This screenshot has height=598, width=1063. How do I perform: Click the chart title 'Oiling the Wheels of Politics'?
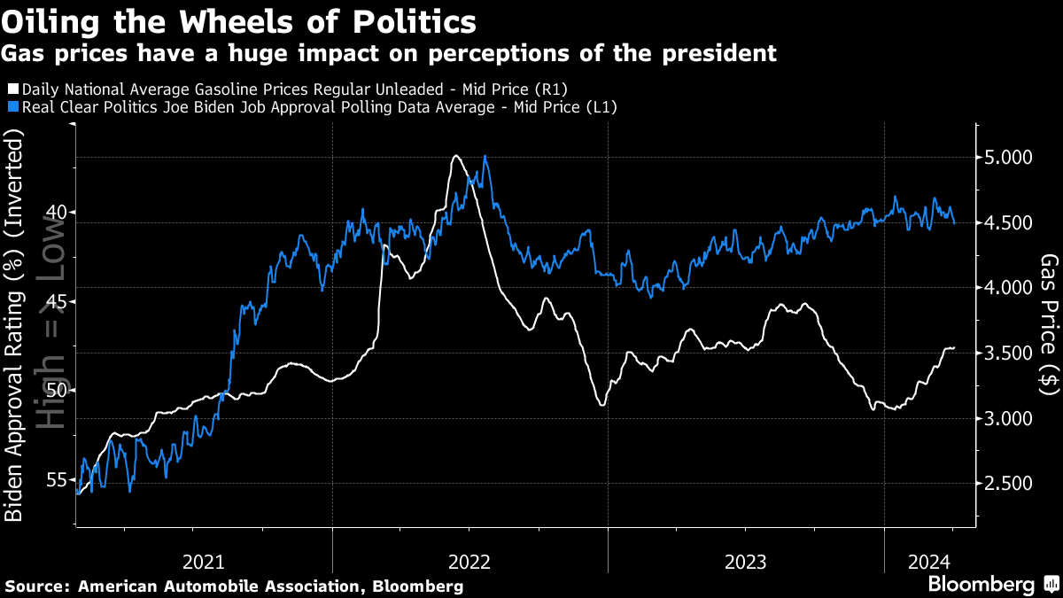tap(239, 21)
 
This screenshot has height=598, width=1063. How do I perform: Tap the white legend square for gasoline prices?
tap(12, 89)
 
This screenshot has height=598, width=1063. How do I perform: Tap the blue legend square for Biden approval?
tap(12, 107)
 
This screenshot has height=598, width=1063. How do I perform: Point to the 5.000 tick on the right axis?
tap(1008, 158)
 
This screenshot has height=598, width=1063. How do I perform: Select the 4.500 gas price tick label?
tap(1008, 223)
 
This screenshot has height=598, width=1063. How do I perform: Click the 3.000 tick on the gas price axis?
tap(1008, 418)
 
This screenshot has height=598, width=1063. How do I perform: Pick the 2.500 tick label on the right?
tap(1008, 484)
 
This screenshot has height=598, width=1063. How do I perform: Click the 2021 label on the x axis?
tap(204, 561)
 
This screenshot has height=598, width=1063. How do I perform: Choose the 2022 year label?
tap(469, 561)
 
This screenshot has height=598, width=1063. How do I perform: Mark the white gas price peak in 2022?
tap(455, 157)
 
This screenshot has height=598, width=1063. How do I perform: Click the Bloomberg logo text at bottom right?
tap(981, 585)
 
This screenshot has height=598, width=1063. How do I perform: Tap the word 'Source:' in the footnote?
tap(37, 586)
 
